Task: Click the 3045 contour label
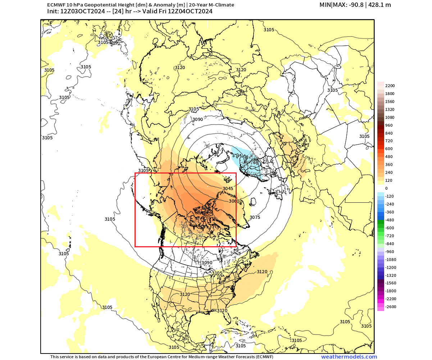click(x=228, y=188)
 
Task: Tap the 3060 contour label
click(x=234, y=201)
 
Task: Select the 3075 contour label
click(x=255, y=217)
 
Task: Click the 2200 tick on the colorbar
click(x=390, y=86)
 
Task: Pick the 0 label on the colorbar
click(x=386, y=188)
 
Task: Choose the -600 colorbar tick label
click(x=390, y=228)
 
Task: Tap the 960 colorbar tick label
click(x=389, y=125)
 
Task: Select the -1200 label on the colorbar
click(x=391, y=267)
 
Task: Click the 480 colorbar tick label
click(x=389, y=157)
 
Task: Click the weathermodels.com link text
click(x=349, y=357)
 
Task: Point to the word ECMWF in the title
click(x=55, y=5)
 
